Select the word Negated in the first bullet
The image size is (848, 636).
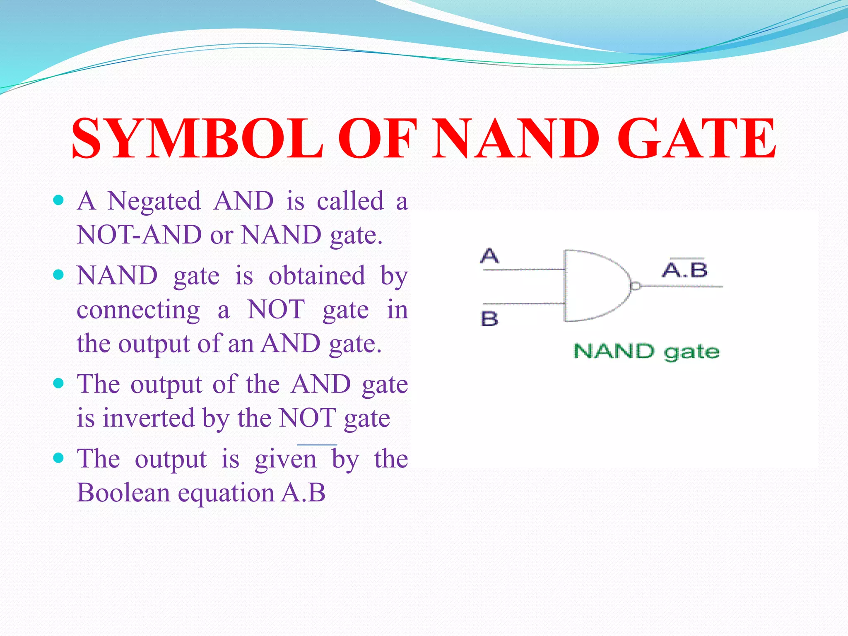[154, 201]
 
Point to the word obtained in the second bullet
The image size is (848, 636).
[317, 276]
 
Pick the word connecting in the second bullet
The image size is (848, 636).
[138, 310]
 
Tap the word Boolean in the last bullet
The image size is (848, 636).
[123, 493]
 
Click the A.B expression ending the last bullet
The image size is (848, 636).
[303, 493]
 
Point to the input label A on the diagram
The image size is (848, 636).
[489, 256]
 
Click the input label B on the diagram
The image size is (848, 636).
[489, 319]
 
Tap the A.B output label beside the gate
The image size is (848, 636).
[684, 270]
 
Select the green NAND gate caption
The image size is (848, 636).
[646, 352]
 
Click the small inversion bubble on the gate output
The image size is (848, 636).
[635, 286]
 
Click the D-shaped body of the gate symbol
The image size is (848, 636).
[592, 286]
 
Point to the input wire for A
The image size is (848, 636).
[524, 270]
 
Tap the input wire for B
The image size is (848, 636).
[524, 304]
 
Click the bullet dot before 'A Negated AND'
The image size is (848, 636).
[59, 200]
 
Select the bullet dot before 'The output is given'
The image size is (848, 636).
[59, 458]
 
